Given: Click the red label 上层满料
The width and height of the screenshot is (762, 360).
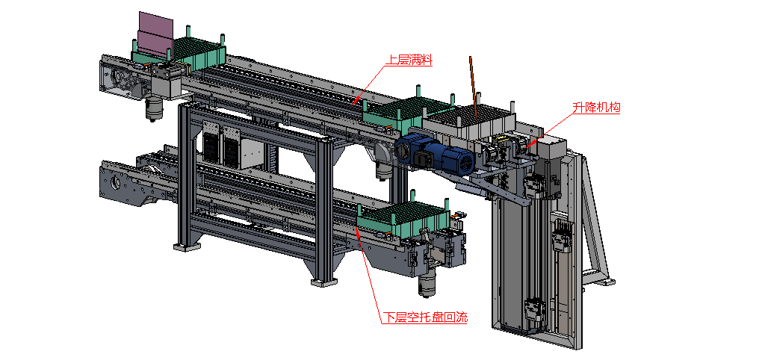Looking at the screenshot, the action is point(408,60).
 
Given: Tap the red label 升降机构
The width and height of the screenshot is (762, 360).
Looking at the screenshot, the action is point(596,108).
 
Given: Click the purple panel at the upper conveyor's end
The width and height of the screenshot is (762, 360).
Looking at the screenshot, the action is point(155,34).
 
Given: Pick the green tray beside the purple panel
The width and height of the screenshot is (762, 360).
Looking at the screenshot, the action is point(200,53).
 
